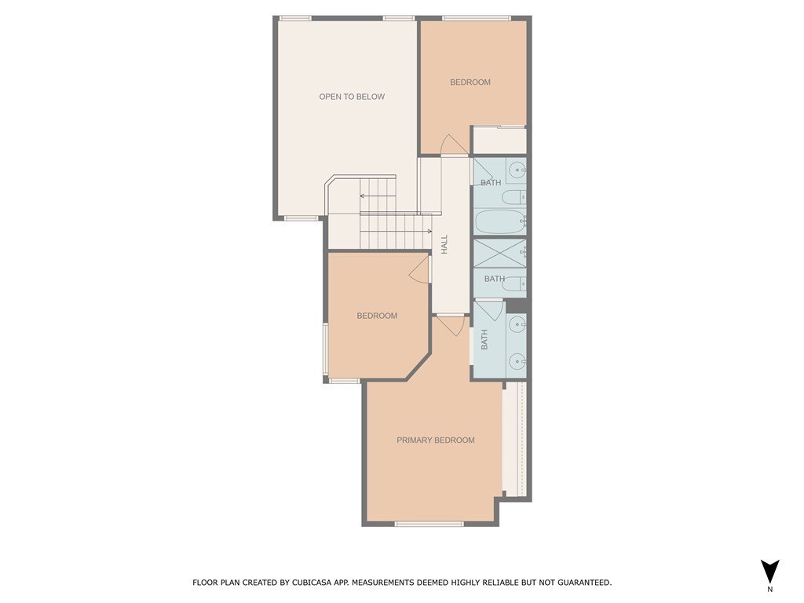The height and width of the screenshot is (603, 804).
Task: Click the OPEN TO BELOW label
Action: (x=352, y=97)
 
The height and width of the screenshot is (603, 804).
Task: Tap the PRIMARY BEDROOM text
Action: (x=435, y=440)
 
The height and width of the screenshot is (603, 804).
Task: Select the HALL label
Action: (x=444, y=244)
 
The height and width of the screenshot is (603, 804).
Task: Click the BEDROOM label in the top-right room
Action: (x=470, y=82)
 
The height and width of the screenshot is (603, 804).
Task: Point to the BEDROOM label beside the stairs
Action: (x=377, y=316)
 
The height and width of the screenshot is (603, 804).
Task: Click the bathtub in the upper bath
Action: (x=499, y=222)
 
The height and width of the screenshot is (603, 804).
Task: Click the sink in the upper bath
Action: (x=517, y=170)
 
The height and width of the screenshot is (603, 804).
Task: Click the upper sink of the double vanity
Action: (x=517, y=323)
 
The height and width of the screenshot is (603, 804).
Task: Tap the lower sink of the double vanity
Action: (x=517, y=361)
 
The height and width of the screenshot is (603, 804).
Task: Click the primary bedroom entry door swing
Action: (x=451, y=324)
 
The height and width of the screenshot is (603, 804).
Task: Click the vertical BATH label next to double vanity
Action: (x=484, y=339)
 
